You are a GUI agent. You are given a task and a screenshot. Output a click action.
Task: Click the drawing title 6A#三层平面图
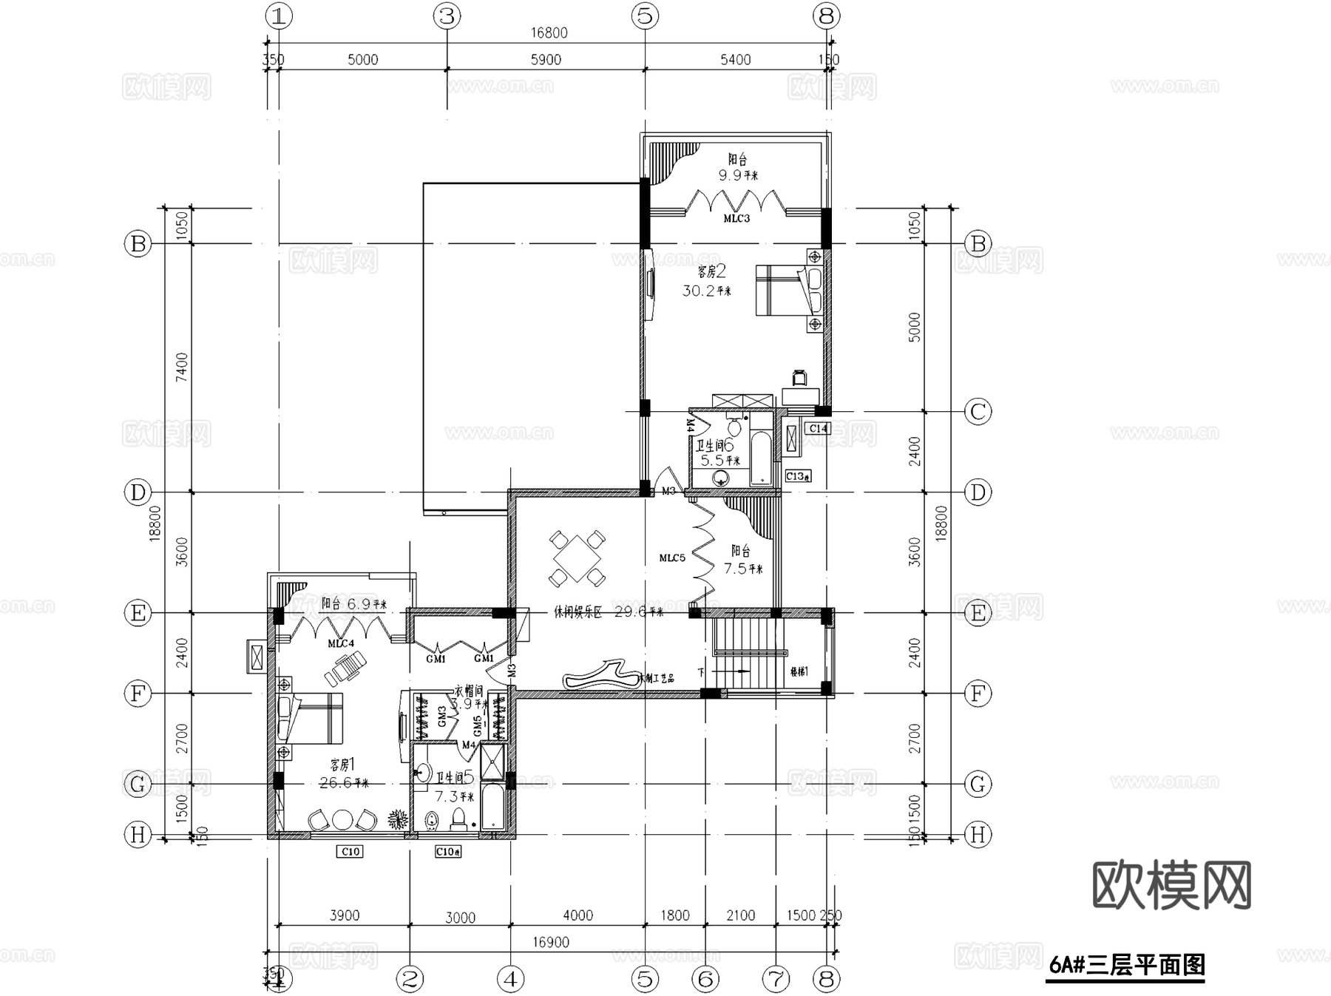click(x=1127, y=965)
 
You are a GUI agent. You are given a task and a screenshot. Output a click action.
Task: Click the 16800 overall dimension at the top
click(x=549, y=33)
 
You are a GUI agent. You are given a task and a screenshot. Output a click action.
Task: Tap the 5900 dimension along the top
click(x=546, y=60)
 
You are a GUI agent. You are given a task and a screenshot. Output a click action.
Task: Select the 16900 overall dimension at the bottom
click(x=551, y=942)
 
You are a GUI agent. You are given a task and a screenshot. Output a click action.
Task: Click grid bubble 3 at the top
click(x=447, y=16)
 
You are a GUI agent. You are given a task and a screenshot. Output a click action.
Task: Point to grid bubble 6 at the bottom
click(x=705, y=980)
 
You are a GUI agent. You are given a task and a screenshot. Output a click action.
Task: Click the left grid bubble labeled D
click(x=138, y=492)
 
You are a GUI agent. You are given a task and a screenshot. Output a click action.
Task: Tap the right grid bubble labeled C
click(x=978, y=412)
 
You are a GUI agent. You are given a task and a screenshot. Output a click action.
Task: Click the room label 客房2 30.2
click(x=706, y=282)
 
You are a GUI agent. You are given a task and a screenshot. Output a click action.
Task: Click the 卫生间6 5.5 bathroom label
click(x=715, y=453)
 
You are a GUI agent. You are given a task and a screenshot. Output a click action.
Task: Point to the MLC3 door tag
click(x=736, y=218)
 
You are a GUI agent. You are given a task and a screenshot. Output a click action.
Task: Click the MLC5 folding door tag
click(x=672, y=558)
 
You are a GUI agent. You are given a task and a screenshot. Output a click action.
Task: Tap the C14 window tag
click(x=818, y=428)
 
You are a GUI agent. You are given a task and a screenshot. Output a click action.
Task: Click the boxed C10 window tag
click(x=350, y=852)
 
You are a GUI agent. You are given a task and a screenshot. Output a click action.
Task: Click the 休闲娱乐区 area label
click(x=579, y=612)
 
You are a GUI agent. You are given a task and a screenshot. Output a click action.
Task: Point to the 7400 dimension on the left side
click(x=181, y=367)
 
